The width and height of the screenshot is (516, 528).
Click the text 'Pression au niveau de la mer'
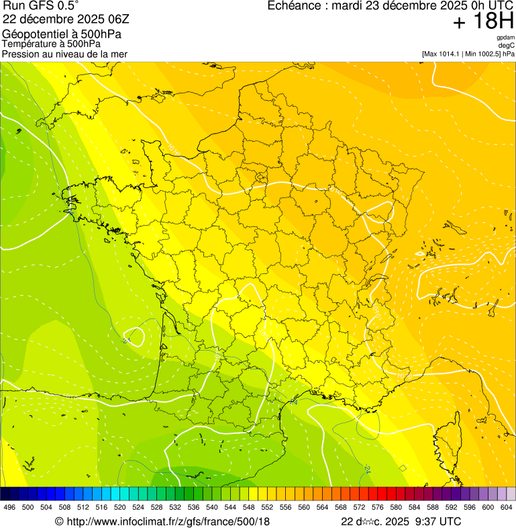[64, 54]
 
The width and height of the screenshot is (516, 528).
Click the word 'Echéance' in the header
[293, 6]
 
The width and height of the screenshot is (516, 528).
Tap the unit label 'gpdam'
[505, 38]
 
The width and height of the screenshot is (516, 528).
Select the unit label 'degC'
[506, 45]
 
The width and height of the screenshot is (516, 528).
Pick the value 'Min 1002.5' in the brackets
[483, 53]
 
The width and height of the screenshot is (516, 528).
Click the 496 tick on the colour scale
[9, 507]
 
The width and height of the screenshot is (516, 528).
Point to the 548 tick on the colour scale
[248, 507]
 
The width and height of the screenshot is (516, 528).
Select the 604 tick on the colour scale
[506, 507]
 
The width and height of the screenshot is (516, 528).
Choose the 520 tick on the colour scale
[119, 507]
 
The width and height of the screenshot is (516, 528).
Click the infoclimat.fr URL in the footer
[167, 521]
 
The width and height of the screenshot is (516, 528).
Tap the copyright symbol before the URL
[59, 521]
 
